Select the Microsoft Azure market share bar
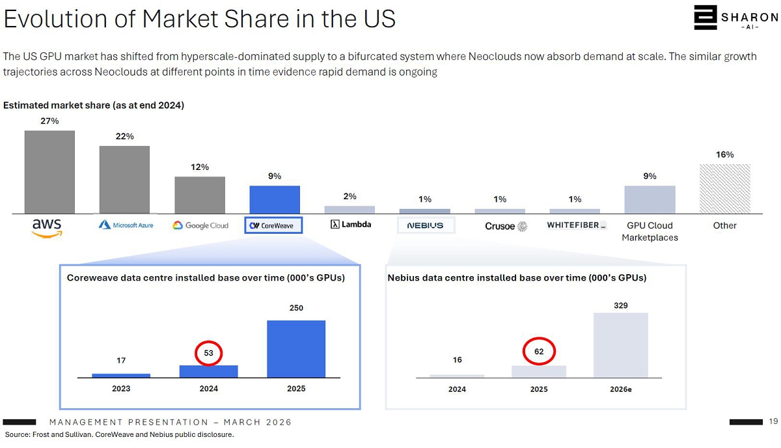pos(124,180)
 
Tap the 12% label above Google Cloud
pos(200,167)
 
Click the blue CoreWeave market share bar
pos(275,200)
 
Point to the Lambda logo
pos(351,225)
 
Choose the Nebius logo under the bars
pos(425,225)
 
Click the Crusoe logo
pos(506,226)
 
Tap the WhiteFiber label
pos(577,225)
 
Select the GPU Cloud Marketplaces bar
pos(650,200)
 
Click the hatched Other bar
pos(724,189)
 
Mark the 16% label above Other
pos(724,155)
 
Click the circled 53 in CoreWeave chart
pos(209,354)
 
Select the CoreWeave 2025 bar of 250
pos(296,349)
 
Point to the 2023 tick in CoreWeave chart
pos(121,389)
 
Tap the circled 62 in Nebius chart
pos(539,352)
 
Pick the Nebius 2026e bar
pos(621,345)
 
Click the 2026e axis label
pos(620,389)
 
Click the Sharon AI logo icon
pos(705,18)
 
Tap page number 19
pos(773,421)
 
